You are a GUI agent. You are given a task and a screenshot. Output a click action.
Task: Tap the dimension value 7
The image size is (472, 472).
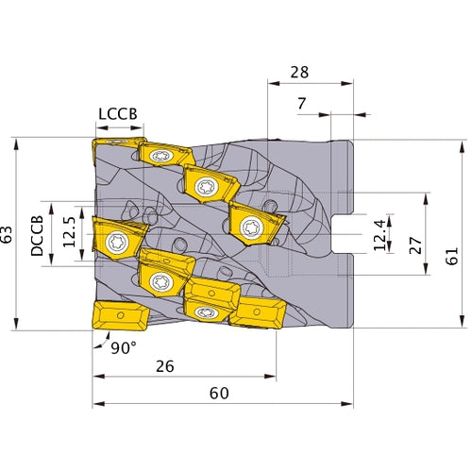pos(301,104)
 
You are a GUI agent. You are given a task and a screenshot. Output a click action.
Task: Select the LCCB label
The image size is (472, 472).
pos(118,113)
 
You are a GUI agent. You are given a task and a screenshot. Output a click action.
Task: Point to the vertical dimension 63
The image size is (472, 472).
pos(8,234)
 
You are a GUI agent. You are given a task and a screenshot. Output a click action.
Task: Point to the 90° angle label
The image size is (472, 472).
pos(122,346)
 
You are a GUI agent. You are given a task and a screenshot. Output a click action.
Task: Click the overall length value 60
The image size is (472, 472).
pos(218,394)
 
